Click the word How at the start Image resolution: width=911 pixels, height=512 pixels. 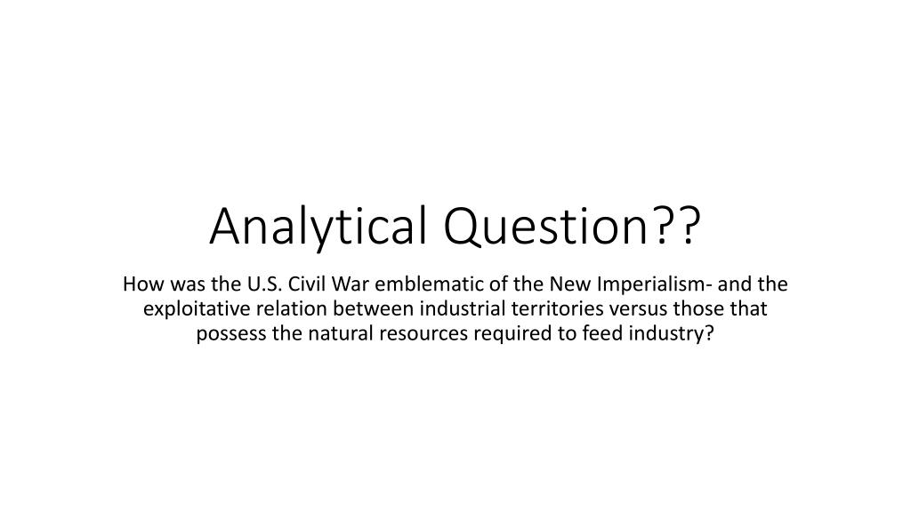140,284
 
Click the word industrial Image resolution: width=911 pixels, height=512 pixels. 457,309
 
